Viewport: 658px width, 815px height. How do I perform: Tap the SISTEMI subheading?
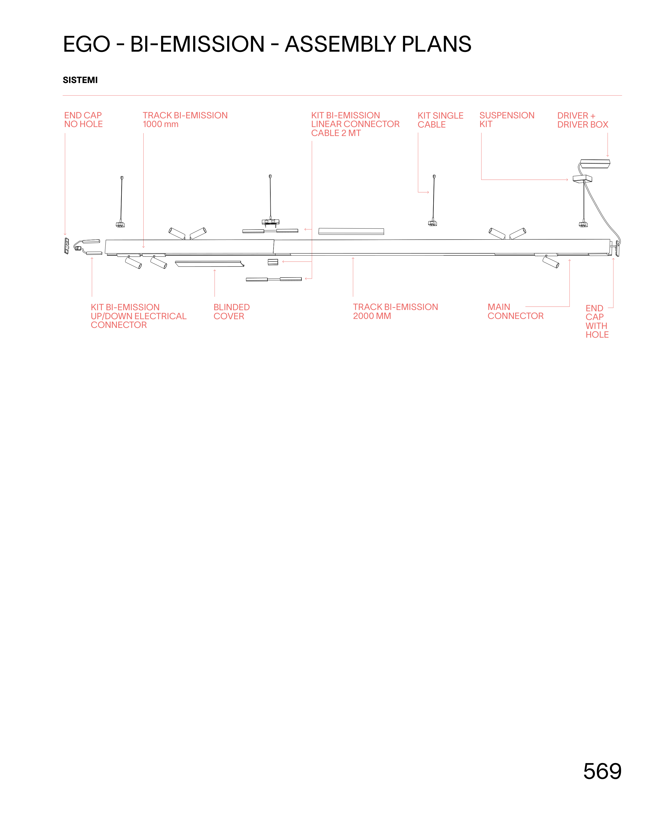coord(80,80)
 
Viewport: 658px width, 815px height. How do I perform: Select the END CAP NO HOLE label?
coord(83,120)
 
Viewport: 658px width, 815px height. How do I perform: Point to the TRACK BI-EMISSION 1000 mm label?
coord(185,120)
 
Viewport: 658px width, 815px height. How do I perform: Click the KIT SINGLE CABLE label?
coord(440,120)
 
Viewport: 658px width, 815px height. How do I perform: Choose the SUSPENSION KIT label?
coord(507,120)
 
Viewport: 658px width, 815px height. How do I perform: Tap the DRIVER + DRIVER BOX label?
coord(583,120)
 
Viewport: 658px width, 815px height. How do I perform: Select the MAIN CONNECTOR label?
coord(515,311)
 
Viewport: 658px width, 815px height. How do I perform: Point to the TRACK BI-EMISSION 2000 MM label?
coord(395,311)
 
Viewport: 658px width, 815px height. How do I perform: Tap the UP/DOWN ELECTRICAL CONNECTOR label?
coord(138,316)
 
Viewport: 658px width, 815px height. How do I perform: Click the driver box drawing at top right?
coord(595,164)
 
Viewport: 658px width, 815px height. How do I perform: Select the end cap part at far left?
coord(67,246)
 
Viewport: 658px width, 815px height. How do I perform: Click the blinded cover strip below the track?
coord(209,264)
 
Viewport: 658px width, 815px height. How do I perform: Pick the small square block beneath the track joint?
coord(273,262)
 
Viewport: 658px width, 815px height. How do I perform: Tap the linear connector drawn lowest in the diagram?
coord(274,279)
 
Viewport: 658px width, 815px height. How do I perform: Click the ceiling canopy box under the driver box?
coord(582,178)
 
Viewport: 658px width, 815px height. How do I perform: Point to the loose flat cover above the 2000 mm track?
coord(351,231)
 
